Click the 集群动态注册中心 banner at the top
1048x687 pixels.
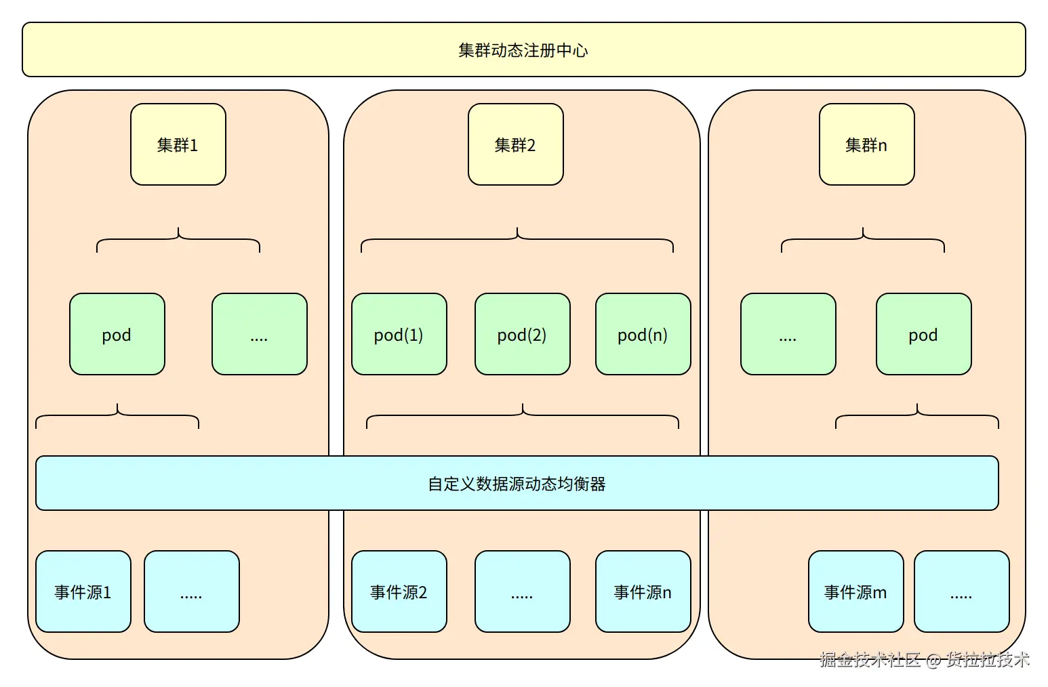point(523,49)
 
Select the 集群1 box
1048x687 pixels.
point(178,144)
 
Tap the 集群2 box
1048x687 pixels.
point(515,144)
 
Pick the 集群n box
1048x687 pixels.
point(866,144)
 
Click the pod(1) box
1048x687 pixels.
point(399,334)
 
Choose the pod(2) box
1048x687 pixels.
point(522,334)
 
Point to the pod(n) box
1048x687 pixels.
point(643,334)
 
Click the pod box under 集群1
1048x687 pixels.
point(117,334)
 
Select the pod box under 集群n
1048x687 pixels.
point(923,334)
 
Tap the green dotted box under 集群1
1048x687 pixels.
point(259,334)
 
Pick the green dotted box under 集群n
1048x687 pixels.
point(788,334)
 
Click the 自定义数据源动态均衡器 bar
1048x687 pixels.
point(517,483)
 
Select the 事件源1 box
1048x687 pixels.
point(83,591)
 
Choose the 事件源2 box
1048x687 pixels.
point(399,591)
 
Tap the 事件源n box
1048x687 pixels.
point(643,591)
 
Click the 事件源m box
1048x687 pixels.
point(855,591)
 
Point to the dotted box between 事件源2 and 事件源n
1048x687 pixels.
point(522,591)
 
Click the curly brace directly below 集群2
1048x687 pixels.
point(517,239)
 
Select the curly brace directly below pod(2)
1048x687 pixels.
point(522,415)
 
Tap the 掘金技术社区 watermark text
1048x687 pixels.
point(870,659)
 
